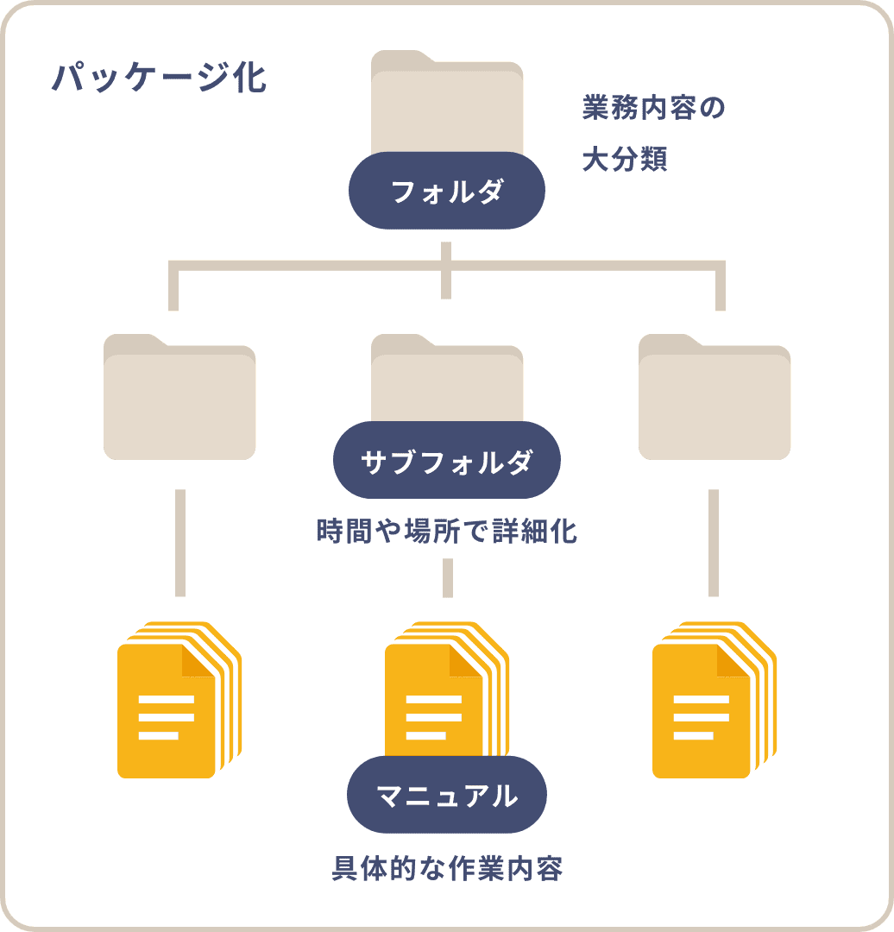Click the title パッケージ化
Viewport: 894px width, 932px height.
tap(159, 78)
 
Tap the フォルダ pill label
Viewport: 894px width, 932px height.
tap(446, 191)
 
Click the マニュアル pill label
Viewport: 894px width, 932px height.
tap(446, 795)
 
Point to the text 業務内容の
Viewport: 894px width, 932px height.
tap(653, 109)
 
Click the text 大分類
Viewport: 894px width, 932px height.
tap(624, 160)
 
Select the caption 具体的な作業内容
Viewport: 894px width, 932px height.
tap(447, 869)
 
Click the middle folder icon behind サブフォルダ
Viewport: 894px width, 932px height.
tap(447, 380)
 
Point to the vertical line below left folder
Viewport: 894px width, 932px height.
tap(179, 542)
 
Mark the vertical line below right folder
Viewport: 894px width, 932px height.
tap(714, 542)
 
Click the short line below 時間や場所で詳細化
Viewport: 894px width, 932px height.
tap(447, 577)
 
